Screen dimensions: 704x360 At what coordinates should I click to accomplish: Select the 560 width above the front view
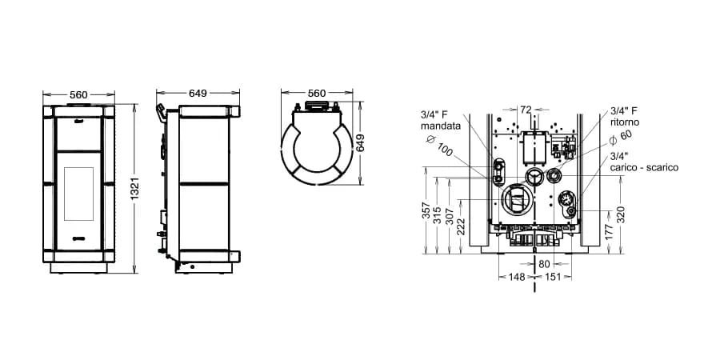(78, 94)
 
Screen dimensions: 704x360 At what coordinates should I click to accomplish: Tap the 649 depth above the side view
(198, 94)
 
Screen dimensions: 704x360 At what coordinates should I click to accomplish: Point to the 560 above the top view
(317, 94)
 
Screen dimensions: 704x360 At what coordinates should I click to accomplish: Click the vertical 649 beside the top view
(361, 143)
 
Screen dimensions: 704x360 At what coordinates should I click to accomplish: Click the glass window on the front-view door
(78, 194)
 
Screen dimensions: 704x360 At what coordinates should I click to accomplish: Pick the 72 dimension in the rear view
(526, 110)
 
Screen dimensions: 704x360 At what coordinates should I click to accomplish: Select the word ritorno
(625, 122)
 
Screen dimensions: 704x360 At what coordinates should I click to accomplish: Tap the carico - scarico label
(644, 167)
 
